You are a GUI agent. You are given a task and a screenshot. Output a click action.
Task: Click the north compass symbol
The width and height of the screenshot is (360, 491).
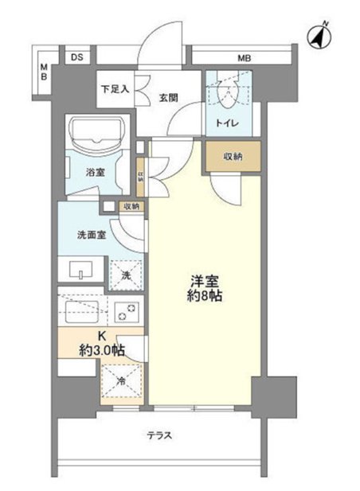[x=319, y=36]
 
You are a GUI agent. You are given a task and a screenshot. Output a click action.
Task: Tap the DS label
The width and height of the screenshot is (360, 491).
[x=76, y=57]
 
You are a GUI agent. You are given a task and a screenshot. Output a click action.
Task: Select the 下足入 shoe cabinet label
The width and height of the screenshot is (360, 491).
[x=115, y=89]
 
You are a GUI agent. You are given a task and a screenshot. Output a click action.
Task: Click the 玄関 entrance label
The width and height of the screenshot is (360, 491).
[x=169, y=98]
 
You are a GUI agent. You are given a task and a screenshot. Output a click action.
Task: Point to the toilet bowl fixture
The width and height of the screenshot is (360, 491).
[x=228, y=92]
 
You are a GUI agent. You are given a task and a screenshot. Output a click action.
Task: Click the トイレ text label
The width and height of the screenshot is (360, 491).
[x=228, y=123]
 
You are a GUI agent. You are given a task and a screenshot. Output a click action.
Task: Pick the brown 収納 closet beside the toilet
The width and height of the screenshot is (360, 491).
[x=233, y=156]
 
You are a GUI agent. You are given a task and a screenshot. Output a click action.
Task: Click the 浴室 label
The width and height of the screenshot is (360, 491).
[x=96, y=172]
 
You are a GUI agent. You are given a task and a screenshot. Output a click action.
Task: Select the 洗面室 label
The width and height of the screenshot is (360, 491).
[x=92, y=235]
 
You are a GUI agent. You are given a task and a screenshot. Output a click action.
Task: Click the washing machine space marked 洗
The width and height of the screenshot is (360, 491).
[x=126, y=275]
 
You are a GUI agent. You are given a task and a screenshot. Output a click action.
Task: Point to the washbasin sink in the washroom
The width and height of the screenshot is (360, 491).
[x=81, y=269]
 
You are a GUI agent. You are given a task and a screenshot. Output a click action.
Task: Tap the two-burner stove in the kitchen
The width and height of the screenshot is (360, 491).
[x=127, y=312]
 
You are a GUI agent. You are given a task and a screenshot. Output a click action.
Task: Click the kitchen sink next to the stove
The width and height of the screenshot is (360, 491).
[x=82, y=312]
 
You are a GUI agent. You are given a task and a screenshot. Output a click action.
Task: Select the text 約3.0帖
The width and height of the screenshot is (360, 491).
[x=102, y=350]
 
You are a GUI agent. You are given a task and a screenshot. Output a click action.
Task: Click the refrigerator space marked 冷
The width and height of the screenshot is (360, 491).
[x=122, y=381]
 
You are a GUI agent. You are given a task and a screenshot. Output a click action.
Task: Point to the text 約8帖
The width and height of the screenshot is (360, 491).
[x=205, y=295]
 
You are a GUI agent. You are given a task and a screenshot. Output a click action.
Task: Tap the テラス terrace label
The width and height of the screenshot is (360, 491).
[x=160, y=435]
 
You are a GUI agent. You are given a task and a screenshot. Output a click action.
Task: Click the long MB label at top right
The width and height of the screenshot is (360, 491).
[x=244, y=58]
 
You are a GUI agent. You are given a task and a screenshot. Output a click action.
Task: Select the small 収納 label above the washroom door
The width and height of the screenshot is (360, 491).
[x=131, y=206]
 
